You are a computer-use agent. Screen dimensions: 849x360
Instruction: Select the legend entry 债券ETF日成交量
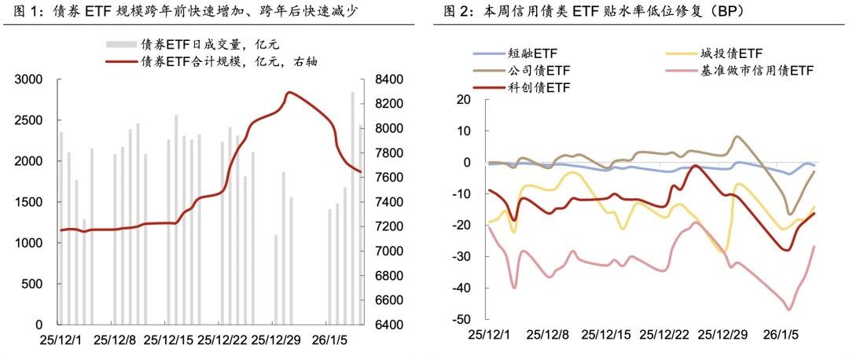[193, 43]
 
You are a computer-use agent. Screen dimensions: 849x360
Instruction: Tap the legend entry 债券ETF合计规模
[211, 62]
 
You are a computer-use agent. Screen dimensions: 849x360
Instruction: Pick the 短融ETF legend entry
[515, 53]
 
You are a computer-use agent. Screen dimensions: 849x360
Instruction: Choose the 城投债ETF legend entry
[713, 53]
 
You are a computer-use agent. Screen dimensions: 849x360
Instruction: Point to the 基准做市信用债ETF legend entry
[739, 71]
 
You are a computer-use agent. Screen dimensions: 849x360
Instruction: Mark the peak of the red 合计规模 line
[289, 92]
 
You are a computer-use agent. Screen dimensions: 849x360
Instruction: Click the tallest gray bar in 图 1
[352, 208]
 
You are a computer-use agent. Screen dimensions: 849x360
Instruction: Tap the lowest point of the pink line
[789, 310]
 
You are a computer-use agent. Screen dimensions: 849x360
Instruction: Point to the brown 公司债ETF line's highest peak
[737, 136]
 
